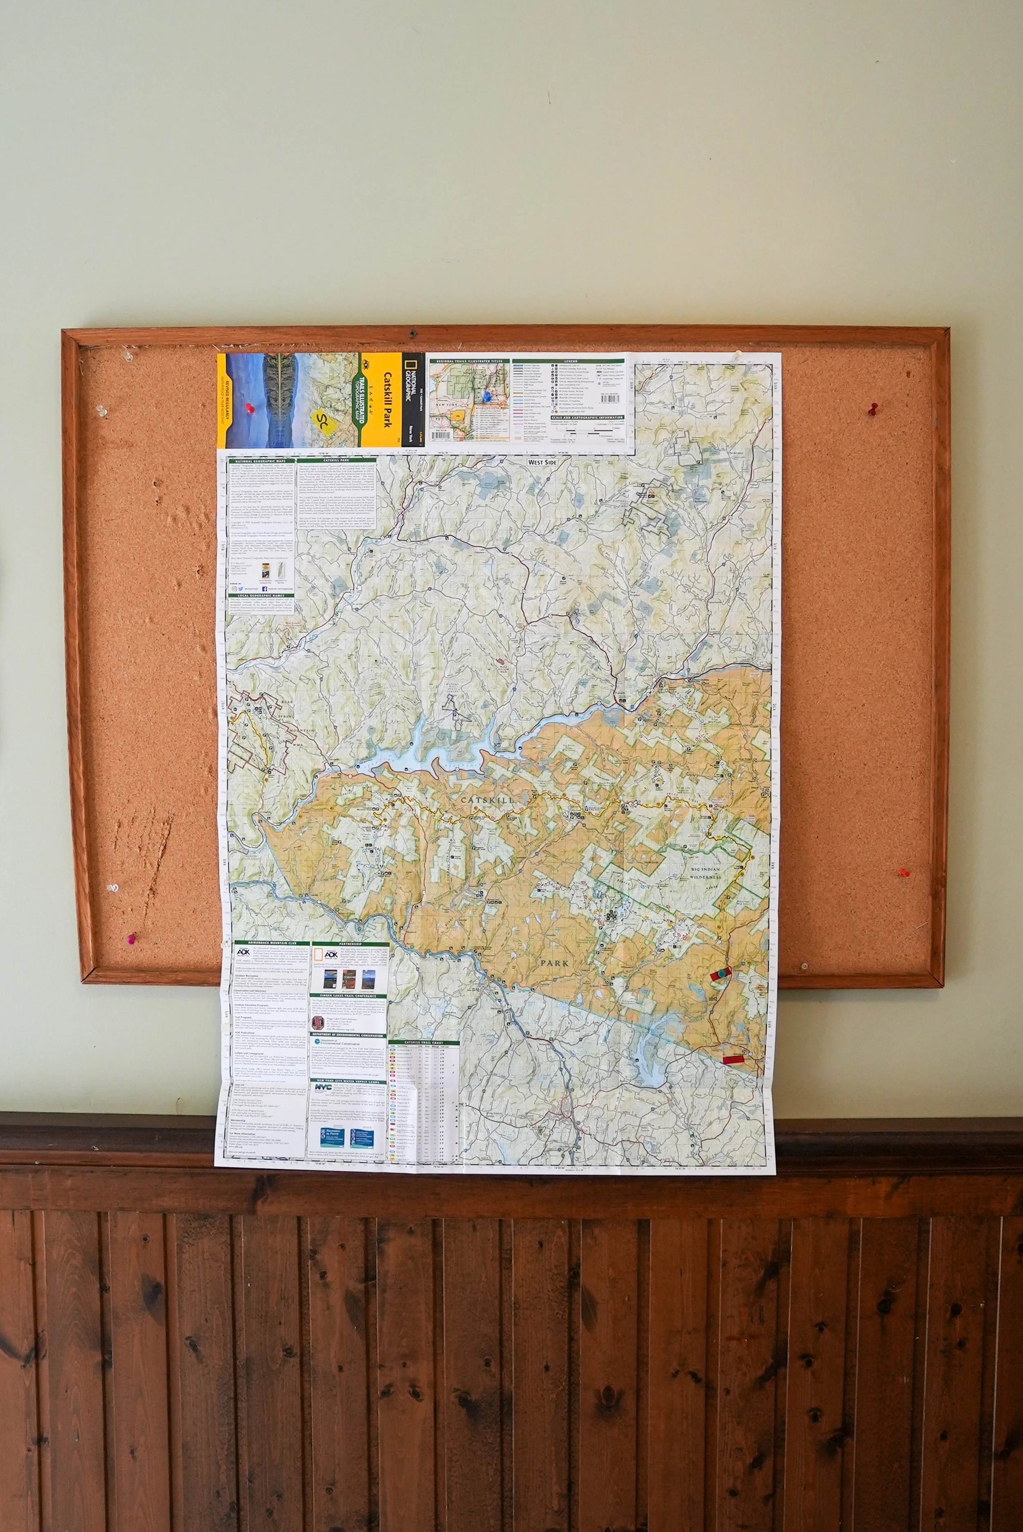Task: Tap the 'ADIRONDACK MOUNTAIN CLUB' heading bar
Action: [269, 945]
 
